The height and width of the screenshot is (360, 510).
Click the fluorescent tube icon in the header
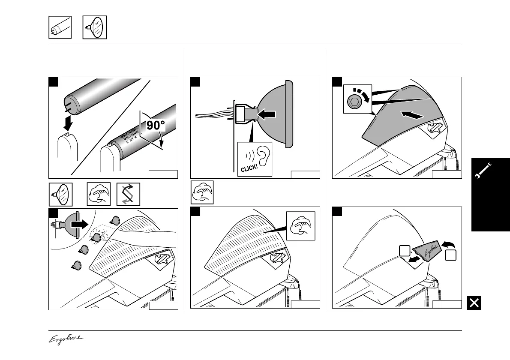click(60, 27)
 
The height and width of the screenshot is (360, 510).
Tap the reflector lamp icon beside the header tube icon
click(94, 27)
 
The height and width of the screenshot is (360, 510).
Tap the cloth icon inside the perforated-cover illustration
click(301, 226)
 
